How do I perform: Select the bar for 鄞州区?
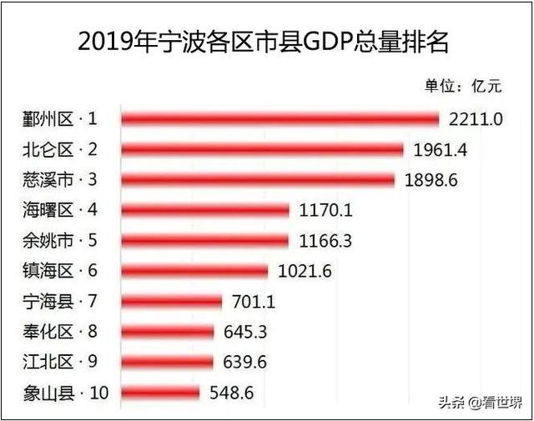[280, 119]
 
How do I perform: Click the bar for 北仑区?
[262, 149]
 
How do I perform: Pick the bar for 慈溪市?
[258, 180]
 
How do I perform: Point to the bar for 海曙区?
[205, 210]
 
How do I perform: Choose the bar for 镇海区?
[194, 271]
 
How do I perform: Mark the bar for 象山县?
[160, 392]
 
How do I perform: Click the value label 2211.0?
[475, 119]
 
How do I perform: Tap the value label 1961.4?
[440, 150]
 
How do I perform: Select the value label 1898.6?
[431, 180]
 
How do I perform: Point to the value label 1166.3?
[325, 241]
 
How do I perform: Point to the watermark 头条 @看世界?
[480, 403]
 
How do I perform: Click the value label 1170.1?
[325, 210]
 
